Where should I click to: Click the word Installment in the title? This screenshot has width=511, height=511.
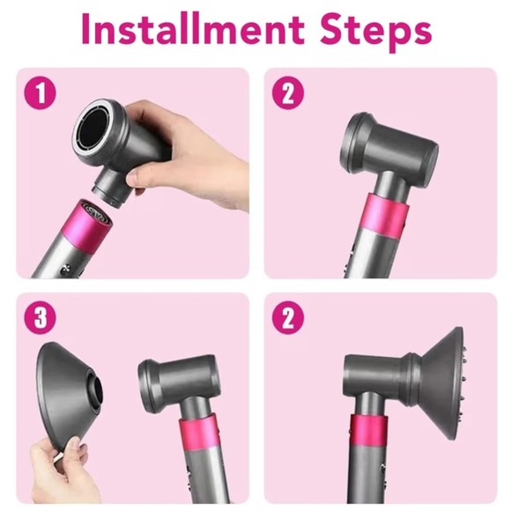[193, 29]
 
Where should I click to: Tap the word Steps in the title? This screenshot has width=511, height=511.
[375, 32]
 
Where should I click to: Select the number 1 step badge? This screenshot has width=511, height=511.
[41, 93]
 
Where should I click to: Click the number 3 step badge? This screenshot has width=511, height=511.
[41, 318]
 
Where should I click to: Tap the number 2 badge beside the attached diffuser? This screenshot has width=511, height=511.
[288, 318]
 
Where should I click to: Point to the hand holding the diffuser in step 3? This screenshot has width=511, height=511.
[57, 468]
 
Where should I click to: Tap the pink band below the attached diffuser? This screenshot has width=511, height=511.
[369, 430]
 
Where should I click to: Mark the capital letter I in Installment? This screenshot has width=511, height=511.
[86, 29]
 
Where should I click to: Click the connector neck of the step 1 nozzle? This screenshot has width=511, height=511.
[113, 190]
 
